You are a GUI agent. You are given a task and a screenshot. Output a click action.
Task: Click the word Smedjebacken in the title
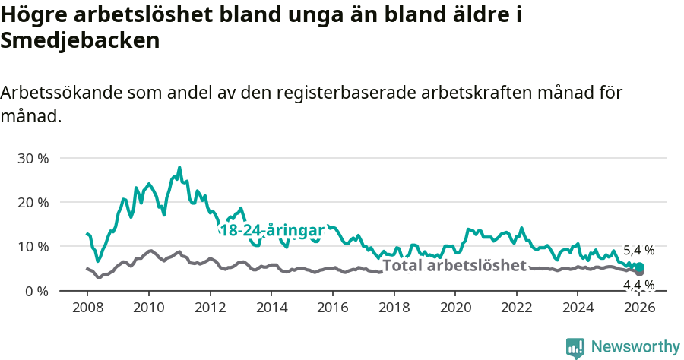pyautogui.click(x=80, y=41)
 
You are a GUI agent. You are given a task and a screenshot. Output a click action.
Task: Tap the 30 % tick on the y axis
pyautogui.click(x=33, y=159)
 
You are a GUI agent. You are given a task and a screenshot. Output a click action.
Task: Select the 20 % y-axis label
pyautogui.click(x=33, y=203)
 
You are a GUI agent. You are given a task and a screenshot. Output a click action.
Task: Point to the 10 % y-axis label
pyautogui.click(x=33, y=247)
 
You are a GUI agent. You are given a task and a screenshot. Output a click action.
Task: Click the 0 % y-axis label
pyautogui.click(x=36, y=291)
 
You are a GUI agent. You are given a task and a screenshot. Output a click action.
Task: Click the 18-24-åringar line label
pyautogui.click(x=271, y=231)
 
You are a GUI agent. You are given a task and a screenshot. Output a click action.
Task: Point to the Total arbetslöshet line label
pyautogui.click(x=454, y=265)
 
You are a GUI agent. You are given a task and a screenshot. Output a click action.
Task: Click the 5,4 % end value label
pyautogui.click(x=638, y=250)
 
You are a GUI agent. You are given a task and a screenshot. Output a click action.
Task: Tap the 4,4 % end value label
pyautogui.click(x=638, y=286)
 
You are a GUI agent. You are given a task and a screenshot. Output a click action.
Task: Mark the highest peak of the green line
pyautogui.click(x=179, y=168)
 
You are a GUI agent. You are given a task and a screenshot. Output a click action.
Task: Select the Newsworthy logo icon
pyautogui.click(x=575, y=348)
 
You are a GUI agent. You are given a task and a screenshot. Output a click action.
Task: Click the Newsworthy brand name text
pyautogui.click(x=635, y=347)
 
